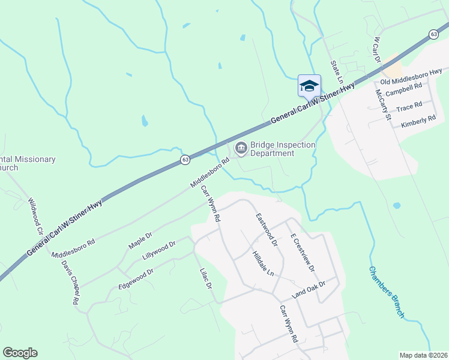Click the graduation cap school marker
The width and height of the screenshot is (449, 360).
[309, 86]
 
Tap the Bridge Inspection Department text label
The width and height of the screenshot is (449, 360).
[282, 149]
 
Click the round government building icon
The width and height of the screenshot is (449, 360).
[241, 148]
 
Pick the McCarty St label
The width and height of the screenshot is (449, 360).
[383, 104]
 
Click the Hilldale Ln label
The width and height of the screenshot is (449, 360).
[263, 263]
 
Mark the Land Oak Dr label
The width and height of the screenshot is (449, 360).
[308, 290]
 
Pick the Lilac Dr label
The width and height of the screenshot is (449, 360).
[205, 278]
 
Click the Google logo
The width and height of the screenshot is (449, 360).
[20, 353]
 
